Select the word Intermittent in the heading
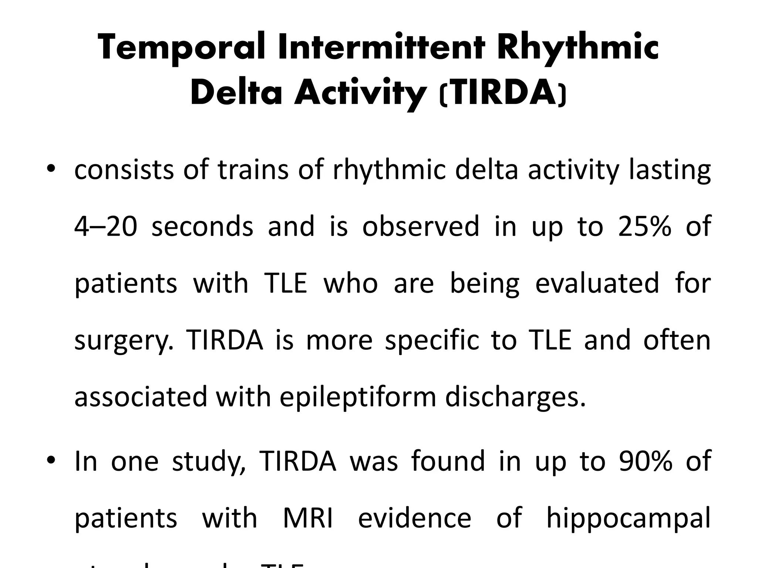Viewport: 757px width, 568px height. [381, 47]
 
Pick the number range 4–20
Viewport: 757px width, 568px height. [106, 226]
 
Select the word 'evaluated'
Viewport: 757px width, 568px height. [597, 283]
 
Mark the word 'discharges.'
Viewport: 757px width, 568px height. [516, 397]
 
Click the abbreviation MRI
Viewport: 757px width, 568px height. [308, 517]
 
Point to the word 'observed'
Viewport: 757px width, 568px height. [421, 226]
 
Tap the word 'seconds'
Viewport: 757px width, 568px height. [203, 226]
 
